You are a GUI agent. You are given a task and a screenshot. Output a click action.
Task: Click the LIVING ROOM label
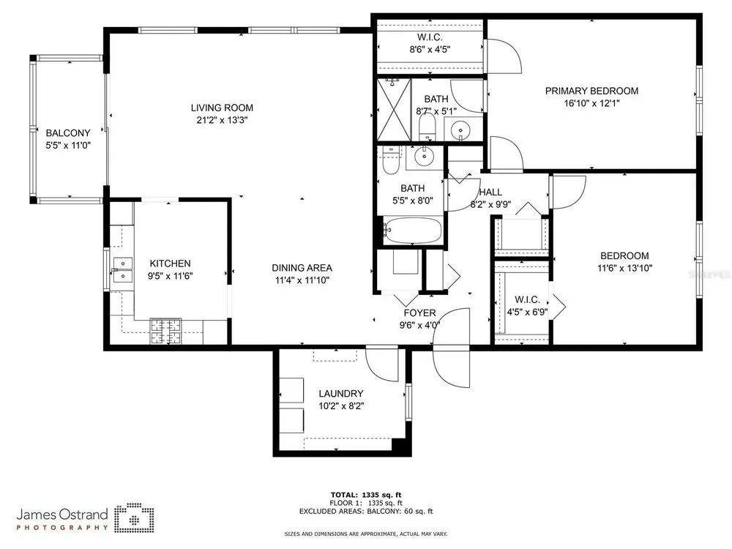click(x=222, y=108)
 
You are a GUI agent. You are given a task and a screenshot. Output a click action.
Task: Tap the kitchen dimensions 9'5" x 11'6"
click(x=170, y=276)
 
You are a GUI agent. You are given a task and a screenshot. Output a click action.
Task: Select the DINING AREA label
click(x=302, y=268)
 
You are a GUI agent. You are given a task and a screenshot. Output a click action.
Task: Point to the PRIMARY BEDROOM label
click(x=591, y=91)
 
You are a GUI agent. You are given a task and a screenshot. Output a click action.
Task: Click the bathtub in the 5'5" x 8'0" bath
click(x=412, y=231)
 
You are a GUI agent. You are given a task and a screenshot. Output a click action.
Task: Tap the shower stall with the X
click(x=394, y=109)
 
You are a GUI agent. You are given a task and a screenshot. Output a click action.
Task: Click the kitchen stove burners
click(x=165, y=331)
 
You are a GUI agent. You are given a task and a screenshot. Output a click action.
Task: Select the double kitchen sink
click(x=123, y=270)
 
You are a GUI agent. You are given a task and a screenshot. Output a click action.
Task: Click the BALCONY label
click(x=68, y=133)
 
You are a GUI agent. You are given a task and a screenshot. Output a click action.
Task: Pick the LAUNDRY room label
click(x=341, y=394)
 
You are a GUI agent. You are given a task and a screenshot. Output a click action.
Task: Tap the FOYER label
click(x=419, y=313)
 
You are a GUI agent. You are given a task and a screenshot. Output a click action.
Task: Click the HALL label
click(x=490, y=192)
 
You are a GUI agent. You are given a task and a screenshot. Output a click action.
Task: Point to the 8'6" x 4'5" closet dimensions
click(x=430, y=50)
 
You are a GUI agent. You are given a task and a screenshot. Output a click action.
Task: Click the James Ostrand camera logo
click(x=135, y=518)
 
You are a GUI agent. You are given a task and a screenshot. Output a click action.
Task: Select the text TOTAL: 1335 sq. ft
click(x=366, y=495)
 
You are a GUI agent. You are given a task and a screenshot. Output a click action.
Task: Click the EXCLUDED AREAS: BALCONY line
click(x=366, y=511)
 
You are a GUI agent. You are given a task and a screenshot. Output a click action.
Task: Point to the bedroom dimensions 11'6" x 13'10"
click(x=624, y=268)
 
